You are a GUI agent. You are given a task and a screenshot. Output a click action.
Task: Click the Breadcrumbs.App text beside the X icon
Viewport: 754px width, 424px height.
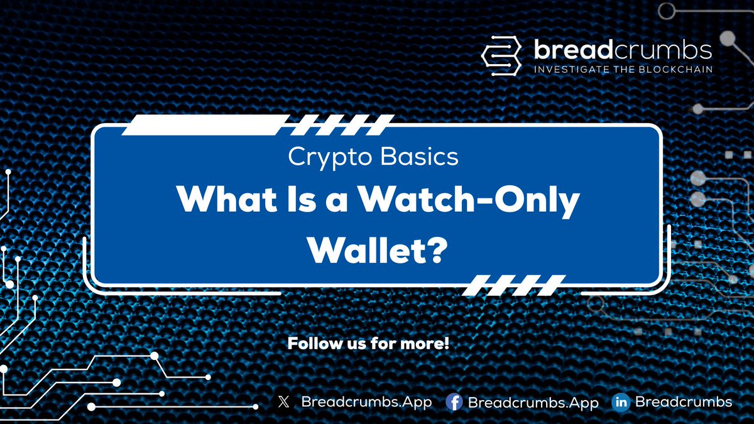(366, 402)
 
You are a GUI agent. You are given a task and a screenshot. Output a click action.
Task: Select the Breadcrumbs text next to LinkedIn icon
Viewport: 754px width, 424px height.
(684, 402)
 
